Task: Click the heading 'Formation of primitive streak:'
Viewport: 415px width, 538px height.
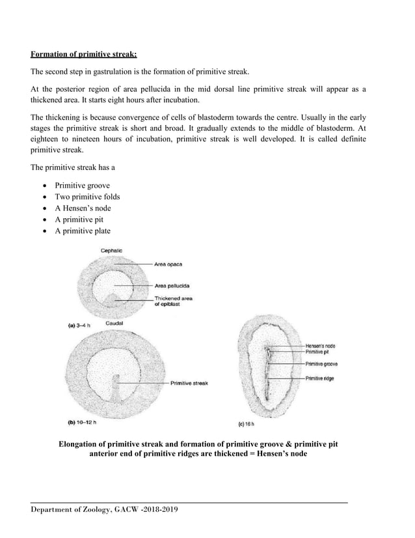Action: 85,54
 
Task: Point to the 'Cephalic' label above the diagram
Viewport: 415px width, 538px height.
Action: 111,251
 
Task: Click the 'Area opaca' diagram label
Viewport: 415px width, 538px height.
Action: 168,264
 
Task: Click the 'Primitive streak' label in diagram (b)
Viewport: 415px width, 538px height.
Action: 189,384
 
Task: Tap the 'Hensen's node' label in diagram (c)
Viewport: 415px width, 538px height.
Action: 321,345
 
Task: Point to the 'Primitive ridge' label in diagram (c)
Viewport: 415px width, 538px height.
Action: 320,378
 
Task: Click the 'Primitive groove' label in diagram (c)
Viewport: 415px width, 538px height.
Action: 321,364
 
